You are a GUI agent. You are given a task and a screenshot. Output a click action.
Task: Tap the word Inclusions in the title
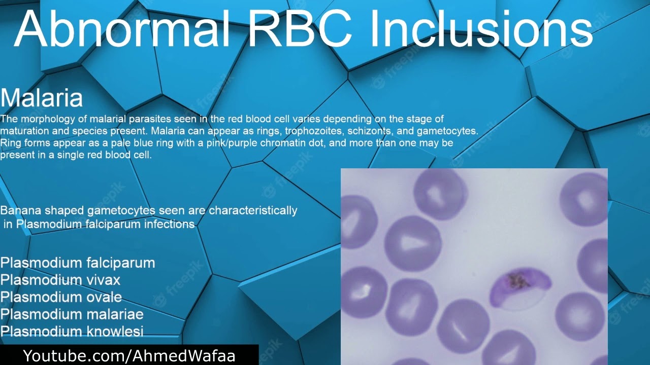click(481, 29)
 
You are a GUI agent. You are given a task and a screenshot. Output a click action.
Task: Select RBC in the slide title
click(300, 29)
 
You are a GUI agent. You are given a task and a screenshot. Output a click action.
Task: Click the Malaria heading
click(42, 98)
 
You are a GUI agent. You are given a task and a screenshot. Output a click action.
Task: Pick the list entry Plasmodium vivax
click(60, 280)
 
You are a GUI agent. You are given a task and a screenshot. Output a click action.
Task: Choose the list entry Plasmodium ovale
click(61, 297)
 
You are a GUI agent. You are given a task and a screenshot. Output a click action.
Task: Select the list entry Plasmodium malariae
click(72, 314)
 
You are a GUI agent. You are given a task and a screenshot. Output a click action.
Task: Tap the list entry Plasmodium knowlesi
click(72, 332)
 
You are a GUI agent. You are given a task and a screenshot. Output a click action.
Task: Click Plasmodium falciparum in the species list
click(78, 263)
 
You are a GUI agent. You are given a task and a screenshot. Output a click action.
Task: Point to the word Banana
click(21, 210)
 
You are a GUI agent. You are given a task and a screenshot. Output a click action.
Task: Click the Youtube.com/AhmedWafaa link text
click(129, 356)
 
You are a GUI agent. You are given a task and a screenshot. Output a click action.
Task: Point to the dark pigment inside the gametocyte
click(517, 280)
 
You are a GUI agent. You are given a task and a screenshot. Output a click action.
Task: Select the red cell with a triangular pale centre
click(413, 244)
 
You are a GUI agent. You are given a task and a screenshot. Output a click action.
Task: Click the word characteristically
click(253, 210)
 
